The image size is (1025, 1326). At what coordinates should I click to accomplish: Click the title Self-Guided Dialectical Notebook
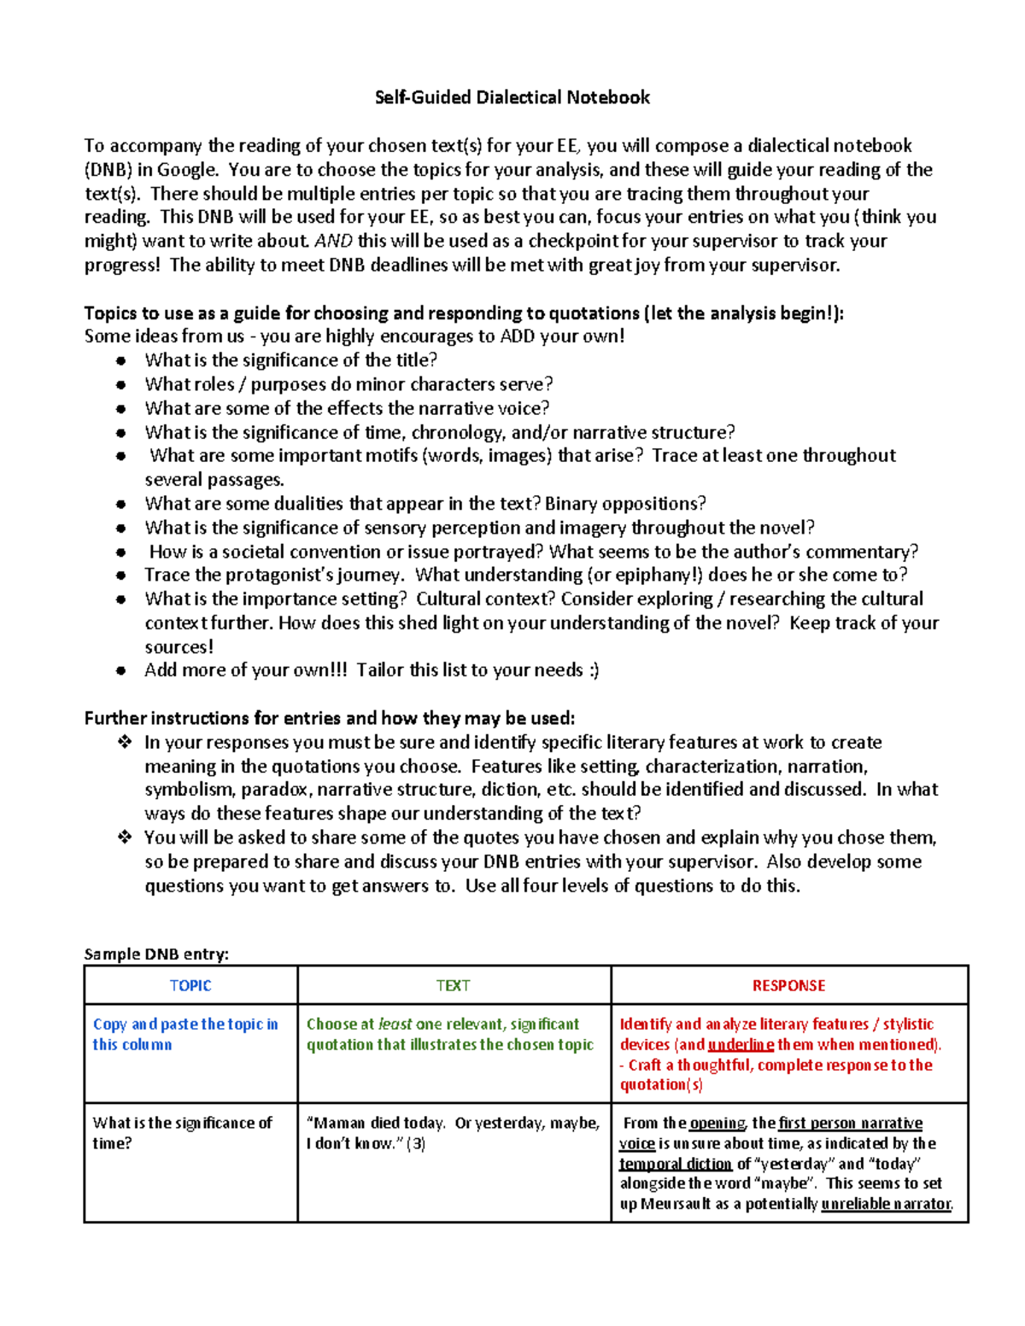coord(512,97)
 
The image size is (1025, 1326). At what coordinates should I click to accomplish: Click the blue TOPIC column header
coord(190,985)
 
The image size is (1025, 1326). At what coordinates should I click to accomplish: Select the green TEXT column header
coord(453,985)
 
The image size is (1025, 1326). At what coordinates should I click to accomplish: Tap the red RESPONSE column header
coord(788,985)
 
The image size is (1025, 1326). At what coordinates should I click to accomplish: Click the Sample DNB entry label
coord(156,954)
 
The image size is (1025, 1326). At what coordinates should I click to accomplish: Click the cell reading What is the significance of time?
coord(182,1133)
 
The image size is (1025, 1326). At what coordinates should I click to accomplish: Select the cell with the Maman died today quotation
coord(453,1133)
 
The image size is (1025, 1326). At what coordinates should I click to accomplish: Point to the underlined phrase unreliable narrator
coord(886,1204)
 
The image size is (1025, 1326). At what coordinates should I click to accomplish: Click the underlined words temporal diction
coord(675,1164)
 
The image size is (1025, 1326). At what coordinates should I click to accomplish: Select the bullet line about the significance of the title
coord(290,360)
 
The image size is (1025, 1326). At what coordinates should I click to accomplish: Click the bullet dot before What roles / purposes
coord(121,385)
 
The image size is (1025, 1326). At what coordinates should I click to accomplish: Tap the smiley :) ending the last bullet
coord(593,670)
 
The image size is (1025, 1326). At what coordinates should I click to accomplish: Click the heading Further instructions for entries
coord(330,718)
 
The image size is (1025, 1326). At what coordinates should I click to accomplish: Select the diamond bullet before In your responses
coord(124,743)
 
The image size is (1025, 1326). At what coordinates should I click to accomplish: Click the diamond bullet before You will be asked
coord(124,838)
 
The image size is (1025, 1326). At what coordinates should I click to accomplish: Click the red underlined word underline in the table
coord(741,1044)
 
